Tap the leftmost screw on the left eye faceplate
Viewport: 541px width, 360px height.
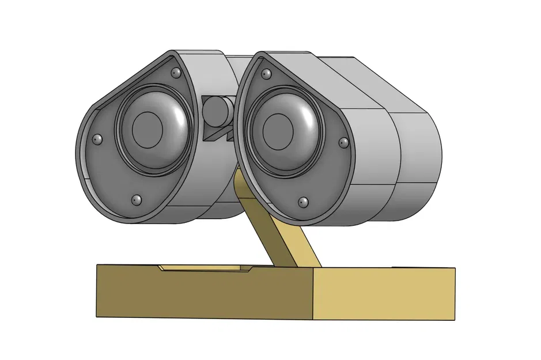click(97, 139)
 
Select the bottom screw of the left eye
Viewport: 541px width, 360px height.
click(137, 200)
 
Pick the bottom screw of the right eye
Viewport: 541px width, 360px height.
click(303, 202)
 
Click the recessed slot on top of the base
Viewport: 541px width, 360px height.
click(205, 268)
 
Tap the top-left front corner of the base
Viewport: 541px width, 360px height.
click(97, 266)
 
